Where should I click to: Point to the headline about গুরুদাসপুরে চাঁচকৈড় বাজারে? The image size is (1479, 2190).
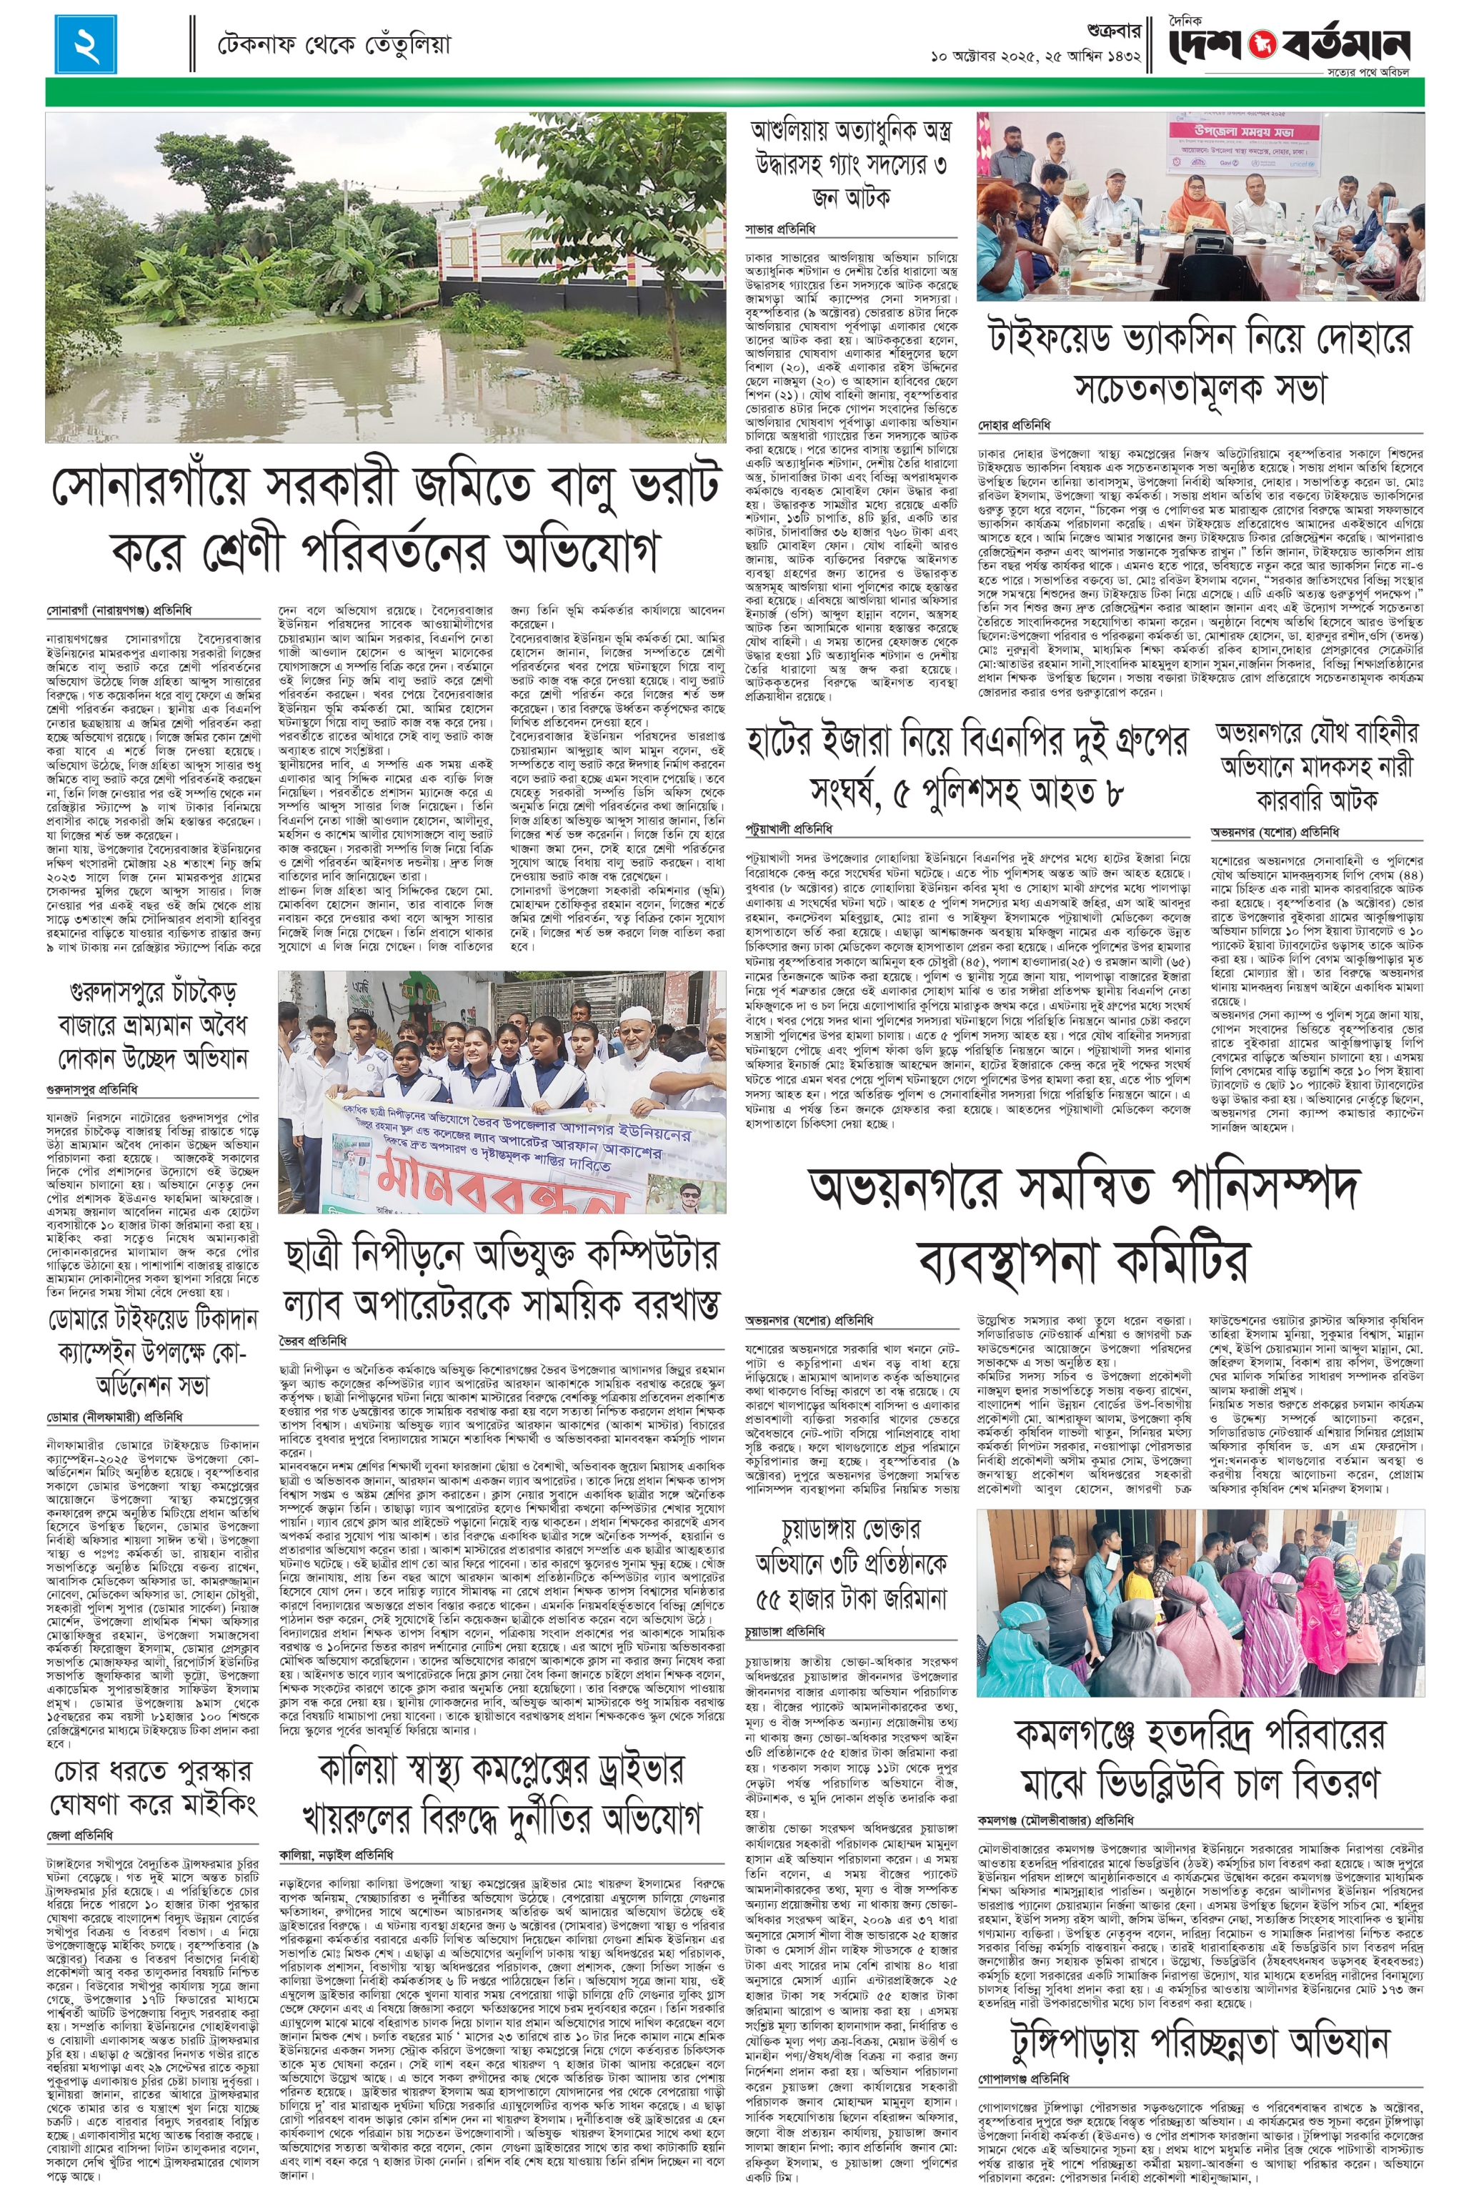tap(154, 1028)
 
